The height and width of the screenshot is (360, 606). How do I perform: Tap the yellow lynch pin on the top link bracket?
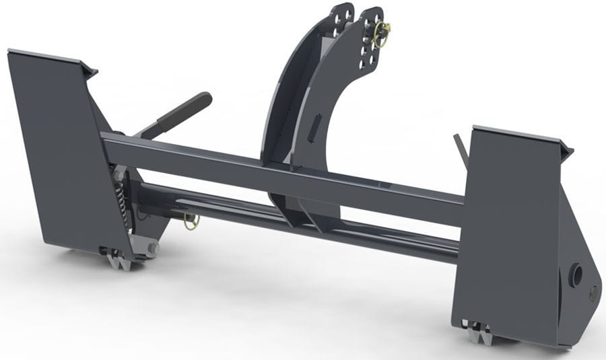point(382,34)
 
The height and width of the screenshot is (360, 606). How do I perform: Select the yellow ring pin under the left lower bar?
point(191,221)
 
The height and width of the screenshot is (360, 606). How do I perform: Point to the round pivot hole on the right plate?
point(576,275)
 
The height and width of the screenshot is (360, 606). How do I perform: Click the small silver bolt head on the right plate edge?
point(593,292)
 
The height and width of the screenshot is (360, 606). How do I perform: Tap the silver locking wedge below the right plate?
point(479,331)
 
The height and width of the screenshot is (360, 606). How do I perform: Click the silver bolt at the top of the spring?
point(119,176)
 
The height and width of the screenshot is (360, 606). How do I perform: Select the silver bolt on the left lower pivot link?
point(152,248)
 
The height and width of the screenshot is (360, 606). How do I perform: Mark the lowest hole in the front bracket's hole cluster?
point(369,65)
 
